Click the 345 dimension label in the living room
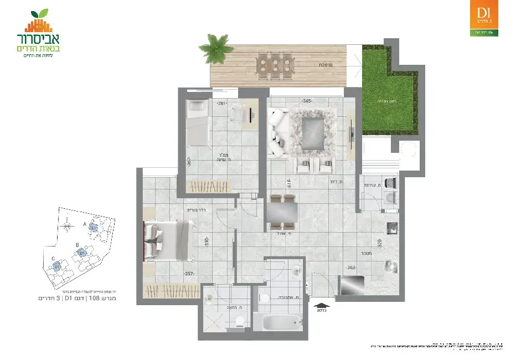[x=307, y=101]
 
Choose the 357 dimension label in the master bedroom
[x=189, y=274]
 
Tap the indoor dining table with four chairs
[x=282, y=212]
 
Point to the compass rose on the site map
[x=67, y=224]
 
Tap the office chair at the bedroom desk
[x=238, y=114]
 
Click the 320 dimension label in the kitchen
[x=380, y=242]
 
